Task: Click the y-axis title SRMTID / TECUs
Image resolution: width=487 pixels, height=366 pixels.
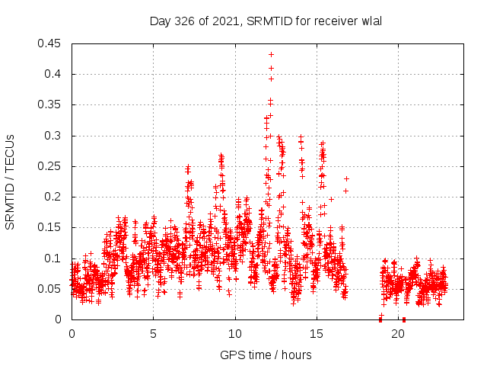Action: tap(11, 181)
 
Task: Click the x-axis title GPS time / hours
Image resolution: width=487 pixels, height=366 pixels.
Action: tap(266, 355)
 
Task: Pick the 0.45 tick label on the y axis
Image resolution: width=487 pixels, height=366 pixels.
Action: tap(50, 43)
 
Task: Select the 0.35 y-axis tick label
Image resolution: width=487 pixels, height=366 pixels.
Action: tap(50, 104)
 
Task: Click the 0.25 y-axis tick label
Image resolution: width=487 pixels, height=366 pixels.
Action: tap(50, 166)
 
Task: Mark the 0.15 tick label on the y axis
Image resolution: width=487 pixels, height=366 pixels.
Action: tap(50, 227)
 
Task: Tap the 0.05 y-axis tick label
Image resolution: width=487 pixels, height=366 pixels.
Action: tap(50, 289)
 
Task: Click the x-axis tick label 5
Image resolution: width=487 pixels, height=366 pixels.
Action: tap(153, 334)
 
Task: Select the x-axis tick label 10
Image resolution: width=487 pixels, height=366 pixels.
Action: tap(235, 334)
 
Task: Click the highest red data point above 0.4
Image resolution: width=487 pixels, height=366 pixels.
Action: tap(271, 55)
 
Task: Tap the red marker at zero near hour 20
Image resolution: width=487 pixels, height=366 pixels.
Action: tap(404, 319)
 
